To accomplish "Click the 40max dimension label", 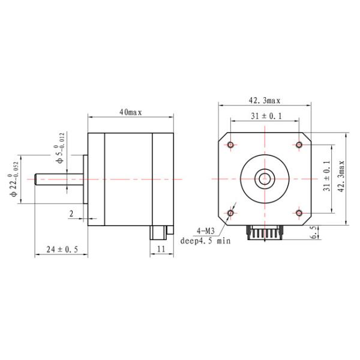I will (x=130, y=112).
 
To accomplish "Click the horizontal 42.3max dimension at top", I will (x=265, y=101).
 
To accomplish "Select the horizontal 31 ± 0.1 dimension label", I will (x=265, y=116).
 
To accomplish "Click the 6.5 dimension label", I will (x=313, y=233).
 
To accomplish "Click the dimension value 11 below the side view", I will (x=161, y=249).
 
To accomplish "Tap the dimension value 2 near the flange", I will (x=71, y=213).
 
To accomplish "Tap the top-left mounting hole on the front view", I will (x=232, y=145).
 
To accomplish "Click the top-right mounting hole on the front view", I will (x=299, y=145).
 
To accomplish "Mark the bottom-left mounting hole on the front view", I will (x=232, y=212).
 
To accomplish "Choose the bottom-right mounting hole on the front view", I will (x=299, y=212).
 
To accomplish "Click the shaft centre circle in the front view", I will (x=265, y=178).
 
